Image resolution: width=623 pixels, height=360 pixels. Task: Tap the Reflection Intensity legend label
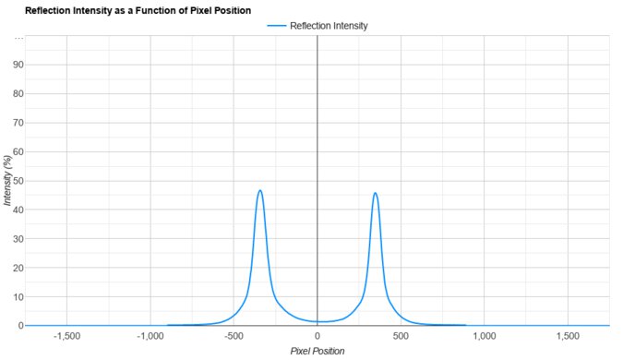[x=329, y=26]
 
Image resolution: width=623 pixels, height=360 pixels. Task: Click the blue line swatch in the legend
[x=277, y=26]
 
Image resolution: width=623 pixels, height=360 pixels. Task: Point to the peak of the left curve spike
[x=260, y=190]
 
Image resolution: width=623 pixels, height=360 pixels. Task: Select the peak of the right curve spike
[x=375, y=193]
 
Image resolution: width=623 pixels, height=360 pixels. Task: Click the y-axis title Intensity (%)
[x=7, y=180]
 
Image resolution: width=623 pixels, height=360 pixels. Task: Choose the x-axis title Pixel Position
[x=318, y=352]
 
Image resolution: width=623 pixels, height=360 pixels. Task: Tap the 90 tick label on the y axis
[x=17, y=65]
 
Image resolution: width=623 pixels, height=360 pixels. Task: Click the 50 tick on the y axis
[x=17, y=181]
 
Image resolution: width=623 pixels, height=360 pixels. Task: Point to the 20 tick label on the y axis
[x=17, y=268]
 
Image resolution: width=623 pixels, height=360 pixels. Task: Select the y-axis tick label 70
[x=17, y=123]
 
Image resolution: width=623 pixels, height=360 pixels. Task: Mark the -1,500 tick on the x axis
[x=67, y=336]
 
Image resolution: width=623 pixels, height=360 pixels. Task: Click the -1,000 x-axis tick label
[x=150, y=336]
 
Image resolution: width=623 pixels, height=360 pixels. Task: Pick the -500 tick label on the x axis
[x=234, y=336]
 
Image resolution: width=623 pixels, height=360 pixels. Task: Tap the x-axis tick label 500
[x=401, y=336]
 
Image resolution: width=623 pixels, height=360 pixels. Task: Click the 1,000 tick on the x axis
[x=484, y=336]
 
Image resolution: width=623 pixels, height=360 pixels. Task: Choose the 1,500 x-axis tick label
[x=568, y=336]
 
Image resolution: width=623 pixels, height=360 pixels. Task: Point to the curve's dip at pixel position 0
[x=317, y=321]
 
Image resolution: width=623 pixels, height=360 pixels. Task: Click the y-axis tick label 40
[x=17, y=210]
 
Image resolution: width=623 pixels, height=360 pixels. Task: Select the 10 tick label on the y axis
[x=17, y=297]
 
